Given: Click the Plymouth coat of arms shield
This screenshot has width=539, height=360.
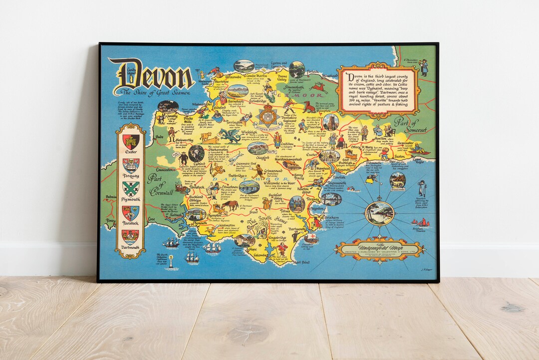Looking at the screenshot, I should click(x=130, y=189).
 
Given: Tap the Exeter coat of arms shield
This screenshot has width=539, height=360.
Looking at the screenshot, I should click(x=131, y=141).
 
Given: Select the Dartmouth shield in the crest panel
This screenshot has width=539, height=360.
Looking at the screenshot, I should click(x=130, y=236).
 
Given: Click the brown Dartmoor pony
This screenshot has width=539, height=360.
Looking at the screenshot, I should click(x=231, y=205).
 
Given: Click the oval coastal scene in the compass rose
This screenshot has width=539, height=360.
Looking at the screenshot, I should click(x=379, y=213).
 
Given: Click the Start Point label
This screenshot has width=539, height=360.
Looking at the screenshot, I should click(x=301, y=262).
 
